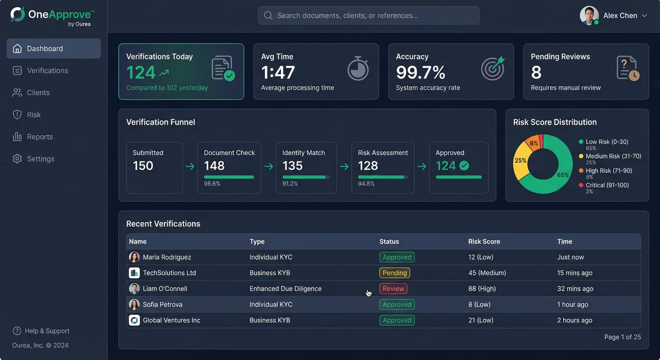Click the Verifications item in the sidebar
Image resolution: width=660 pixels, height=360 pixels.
(x=47, y=70)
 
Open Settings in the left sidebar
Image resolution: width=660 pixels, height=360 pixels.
(x=40, y=159)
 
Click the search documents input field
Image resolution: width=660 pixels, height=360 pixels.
(x=369, y=15)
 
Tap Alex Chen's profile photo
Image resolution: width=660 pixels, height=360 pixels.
(x=589, y=15)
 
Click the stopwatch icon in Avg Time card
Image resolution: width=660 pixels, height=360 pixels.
(x=358, y=69)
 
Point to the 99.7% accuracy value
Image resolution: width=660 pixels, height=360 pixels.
(x=421, y=72)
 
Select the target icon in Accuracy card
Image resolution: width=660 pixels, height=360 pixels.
(x=492, y=69)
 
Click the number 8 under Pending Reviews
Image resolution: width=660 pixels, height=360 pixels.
(x=536, y=72)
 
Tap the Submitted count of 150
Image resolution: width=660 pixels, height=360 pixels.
(x=143, y=166)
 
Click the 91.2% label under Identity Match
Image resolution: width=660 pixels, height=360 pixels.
(x=290, y=184)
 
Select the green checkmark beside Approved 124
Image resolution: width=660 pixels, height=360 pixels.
(x=464, y=165)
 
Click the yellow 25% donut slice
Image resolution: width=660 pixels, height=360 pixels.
(x=520, y=161)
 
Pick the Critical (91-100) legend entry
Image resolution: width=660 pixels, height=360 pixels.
(x=607, y=185)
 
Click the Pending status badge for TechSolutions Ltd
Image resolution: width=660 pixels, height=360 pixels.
(x=394, y=273)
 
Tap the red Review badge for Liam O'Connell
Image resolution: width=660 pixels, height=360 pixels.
(x=393, y=289)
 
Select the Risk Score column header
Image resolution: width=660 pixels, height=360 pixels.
(x=484, y=241)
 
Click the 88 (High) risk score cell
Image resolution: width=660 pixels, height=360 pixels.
(x=482, y=289)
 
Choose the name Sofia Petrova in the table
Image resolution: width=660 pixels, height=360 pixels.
(x=162, y=304)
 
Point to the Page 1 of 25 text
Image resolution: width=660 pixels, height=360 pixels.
(x=622, y=337)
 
